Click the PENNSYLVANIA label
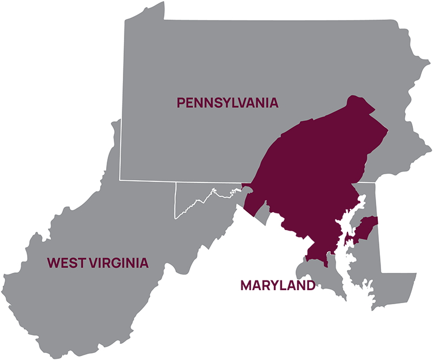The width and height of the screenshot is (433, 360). [x=227, y=102]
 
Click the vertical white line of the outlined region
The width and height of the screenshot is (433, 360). [x=175, y=200]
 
